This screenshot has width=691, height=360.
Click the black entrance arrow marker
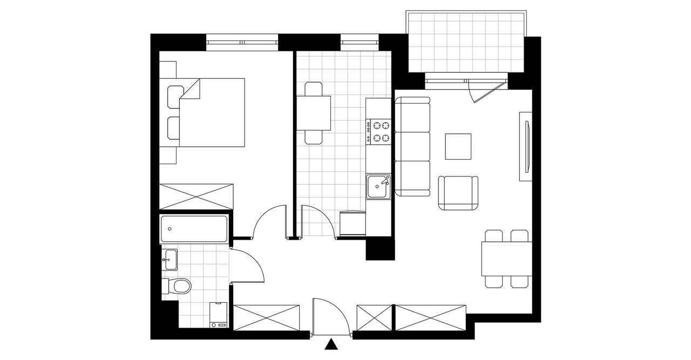(x=333, y=345)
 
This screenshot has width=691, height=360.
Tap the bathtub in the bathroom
(x=194, y=229)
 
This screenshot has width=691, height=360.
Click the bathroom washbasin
(x=170, y=260)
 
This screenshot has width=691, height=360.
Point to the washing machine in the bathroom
(x=219, y=315)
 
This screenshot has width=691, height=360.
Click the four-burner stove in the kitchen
(x=378, y=131)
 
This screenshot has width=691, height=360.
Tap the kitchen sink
(x=378, y=187)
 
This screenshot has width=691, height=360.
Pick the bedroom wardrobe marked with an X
(x=197, y=196)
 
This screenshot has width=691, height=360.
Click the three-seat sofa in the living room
(x=412, y=146)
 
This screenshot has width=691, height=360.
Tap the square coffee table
(x=458, y=146)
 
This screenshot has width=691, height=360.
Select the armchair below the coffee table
(x=458, y=193)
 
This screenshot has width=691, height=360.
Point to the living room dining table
(x=506, y=259)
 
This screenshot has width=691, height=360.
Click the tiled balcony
(x=466, y=42)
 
